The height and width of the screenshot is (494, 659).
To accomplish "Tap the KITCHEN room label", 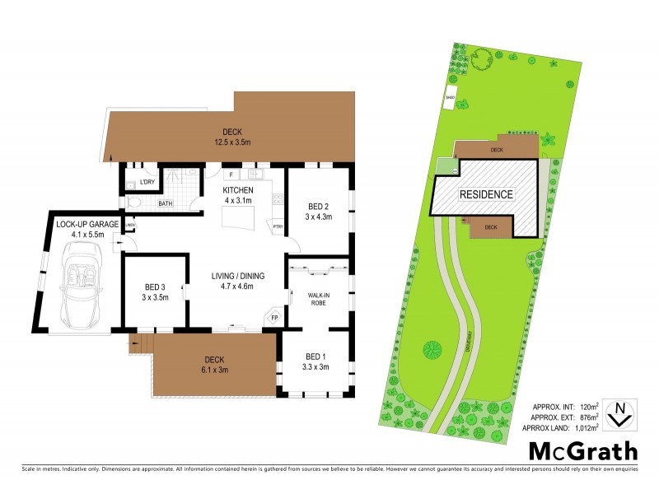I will (x=238, y=190).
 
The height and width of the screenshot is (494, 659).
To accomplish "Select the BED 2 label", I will (x=320, y=206).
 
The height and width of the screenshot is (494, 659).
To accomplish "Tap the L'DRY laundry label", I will (x=148, y=182).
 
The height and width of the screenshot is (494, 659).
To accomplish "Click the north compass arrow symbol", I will (x=619, y=413).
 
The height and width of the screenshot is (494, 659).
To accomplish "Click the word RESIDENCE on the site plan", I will (x=486, y=195).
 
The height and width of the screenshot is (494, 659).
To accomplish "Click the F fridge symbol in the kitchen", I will (x=231, y=175).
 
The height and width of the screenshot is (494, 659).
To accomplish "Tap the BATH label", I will (x=166, y=203).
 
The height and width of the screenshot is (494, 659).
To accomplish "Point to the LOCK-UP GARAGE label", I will (x=87, y=224).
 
